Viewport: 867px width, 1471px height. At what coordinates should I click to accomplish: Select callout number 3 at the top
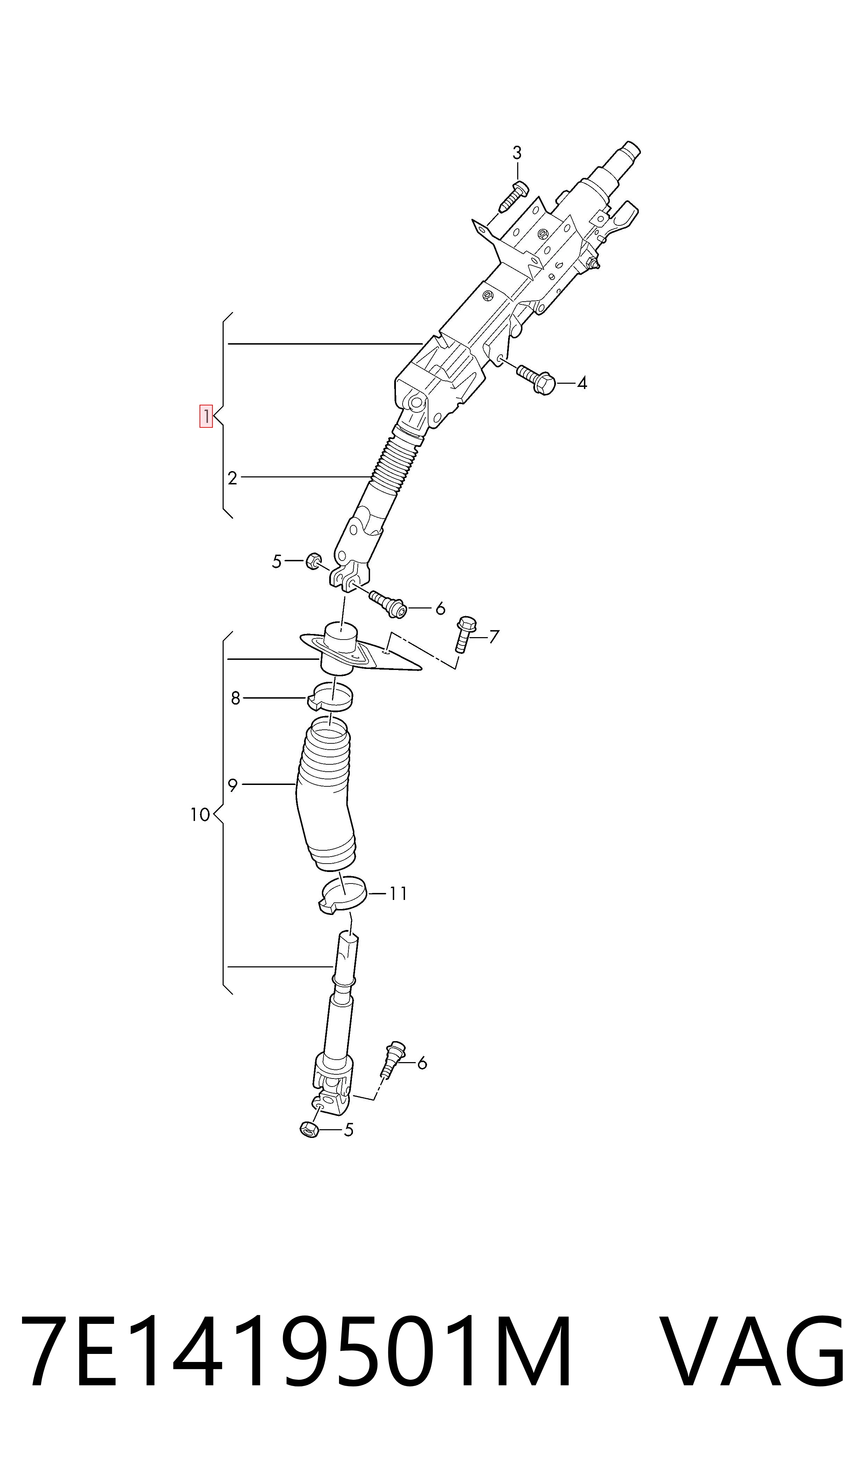coord(517,153)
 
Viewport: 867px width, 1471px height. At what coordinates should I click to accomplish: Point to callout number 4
coord(582,383)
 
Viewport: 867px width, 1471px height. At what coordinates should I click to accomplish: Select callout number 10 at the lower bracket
coord(200,814)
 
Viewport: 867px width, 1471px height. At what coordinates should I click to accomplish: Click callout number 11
coord(398,894)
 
